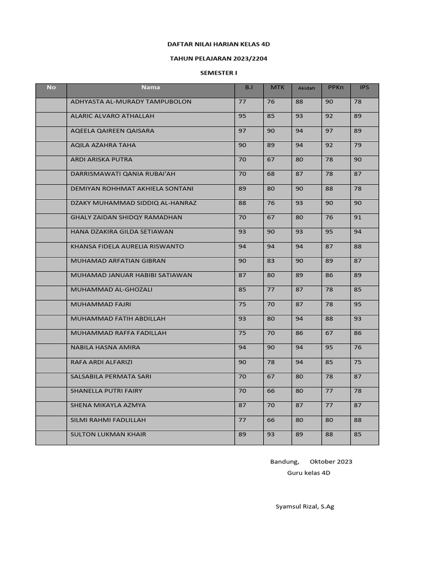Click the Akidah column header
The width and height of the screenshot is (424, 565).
click(x=306, y=88)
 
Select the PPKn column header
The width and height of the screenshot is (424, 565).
click(x=335, y=87)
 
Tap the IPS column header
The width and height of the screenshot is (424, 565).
click(x=364, y=87)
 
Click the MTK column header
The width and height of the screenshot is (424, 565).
click(x=277, y=87)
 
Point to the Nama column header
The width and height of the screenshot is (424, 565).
click(x=150, y=87)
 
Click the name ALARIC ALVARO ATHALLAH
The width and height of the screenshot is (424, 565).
click(x=113, y=116)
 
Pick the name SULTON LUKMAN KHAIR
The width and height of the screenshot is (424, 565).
click(x=109, y=434)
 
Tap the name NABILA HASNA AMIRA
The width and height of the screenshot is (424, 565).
click(x=105, y=348)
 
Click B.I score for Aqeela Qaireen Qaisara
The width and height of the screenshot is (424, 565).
click(x=242, y=131)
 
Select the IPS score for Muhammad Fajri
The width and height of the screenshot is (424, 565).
click(x=358, y=304)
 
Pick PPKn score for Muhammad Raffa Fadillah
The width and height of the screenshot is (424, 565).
click(x=329, y=333)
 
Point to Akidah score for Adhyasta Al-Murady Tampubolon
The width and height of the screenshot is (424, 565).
click(x=299, y=102)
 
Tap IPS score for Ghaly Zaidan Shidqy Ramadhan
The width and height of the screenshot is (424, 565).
click(x=358, y=217)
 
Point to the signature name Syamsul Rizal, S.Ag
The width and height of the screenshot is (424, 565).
click(x=305, y=507)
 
